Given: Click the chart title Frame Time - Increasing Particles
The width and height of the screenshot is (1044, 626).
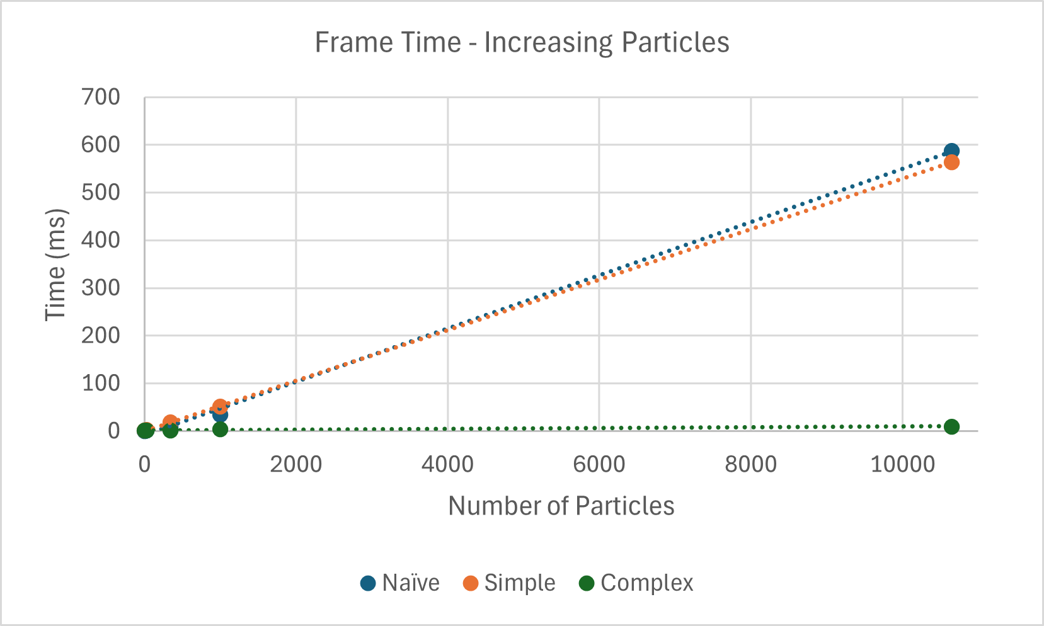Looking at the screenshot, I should pyautogui.click(x=522, y=43).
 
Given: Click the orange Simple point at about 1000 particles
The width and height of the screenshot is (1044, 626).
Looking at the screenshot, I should pyautogui.click(x=220, y=407).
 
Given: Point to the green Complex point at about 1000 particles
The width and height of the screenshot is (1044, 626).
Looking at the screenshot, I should pyautogui.click(x=220, y=430).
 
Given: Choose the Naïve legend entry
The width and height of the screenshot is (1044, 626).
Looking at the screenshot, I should pyautogui.click(x=400, y=583).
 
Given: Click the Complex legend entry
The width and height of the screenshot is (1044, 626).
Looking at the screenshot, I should pyautogui.click(x=636, y=583).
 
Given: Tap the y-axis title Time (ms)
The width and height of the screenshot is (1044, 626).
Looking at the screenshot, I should pyautogui.click(x=56, y=265).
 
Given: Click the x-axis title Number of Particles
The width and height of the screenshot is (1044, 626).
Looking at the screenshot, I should pyautogui.click(x=561, y=506).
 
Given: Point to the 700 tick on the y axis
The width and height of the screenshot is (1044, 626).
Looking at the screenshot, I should pyautogui.click(x=101, y=98).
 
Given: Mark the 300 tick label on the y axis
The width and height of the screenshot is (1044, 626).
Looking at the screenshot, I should pyautogui.click(x=101, y=288).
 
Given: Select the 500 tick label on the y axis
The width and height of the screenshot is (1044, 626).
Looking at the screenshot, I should pyautogui.click(x=101, y=193).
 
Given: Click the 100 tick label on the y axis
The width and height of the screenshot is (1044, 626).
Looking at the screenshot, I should pyautogui.click(x=101, y=384).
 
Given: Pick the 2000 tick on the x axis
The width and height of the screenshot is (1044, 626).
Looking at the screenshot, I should pyautogui.click(x=296, y=465).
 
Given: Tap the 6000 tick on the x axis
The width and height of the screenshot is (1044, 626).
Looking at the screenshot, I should pyautogui.click(x=599, y=465).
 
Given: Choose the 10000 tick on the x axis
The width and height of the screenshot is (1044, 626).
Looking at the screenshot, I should pyautogui.click(x=902, y=465).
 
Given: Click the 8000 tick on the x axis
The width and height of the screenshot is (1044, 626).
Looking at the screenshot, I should pyautogui.click(x=750, y=465).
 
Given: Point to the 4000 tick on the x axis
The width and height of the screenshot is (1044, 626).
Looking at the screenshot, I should pyautogui.click(x=447, y=465).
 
